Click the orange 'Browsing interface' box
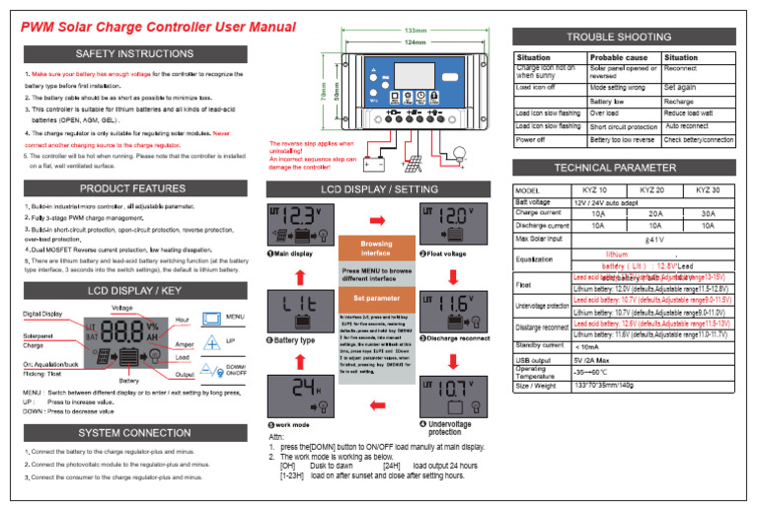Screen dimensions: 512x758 pos(376,248)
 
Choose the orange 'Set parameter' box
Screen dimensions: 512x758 pos(376,297)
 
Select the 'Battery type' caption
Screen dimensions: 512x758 pos(292,339)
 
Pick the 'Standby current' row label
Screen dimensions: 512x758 pos(539,345)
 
